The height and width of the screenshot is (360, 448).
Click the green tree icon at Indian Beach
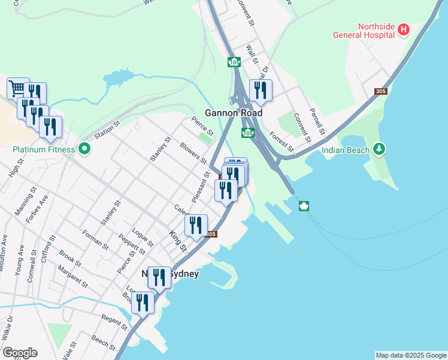coord(378,148)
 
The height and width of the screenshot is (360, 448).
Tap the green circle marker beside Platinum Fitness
coord(84,148)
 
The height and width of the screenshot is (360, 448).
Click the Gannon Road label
coord(229,113)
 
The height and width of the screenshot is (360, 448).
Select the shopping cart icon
coord(17,88)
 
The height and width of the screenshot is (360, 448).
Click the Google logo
coord(20,353)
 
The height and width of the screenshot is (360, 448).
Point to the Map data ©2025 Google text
coord(411,355)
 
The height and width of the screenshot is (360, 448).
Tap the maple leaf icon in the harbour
coord(304,207)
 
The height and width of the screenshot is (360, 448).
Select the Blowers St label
coord(193,154)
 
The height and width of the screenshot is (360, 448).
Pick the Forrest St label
coord(281,142)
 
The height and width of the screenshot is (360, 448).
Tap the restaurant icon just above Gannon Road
coord(260,90)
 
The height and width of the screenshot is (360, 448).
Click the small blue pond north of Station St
coord(120,79)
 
